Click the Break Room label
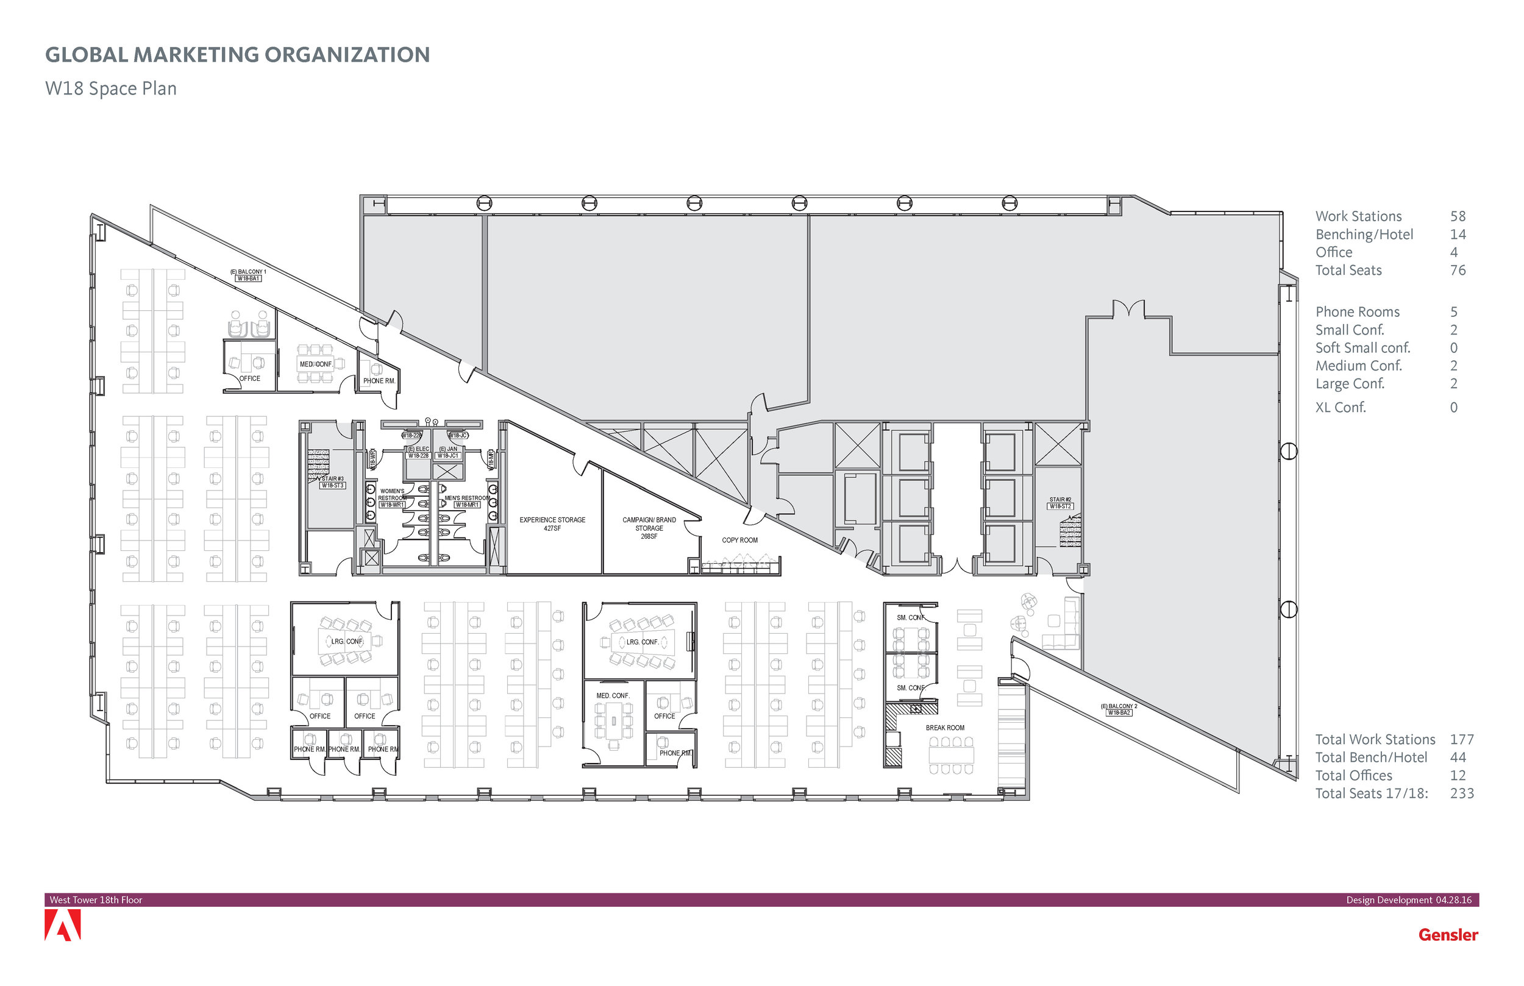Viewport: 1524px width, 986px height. (944, 728)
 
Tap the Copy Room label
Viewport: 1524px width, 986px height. (739, 541)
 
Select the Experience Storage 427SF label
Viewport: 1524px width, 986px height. (552, 523)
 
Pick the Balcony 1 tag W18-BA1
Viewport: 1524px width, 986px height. (249, 278)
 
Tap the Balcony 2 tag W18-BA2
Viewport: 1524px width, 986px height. (1119, 712)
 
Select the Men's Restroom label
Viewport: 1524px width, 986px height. (467, 498)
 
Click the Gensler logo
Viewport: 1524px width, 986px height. (1448, 935)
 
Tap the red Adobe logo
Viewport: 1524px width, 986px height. (63, 926)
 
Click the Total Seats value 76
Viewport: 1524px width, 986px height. (1458, 270)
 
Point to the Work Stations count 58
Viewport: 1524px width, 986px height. (1458, 216)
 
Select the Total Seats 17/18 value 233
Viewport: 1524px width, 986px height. (1462, 793)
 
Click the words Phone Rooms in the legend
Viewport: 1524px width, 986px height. (1357, 312)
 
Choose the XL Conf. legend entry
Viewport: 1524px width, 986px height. (1341, 407)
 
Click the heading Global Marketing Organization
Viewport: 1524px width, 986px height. (237, 55)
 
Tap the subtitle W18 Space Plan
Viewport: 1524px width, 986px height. (111, 88)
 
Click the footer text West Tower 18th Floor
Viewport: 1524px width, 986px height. (96, 899)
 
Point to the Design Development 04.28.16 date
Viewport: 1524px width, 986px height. (1408, 899)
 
